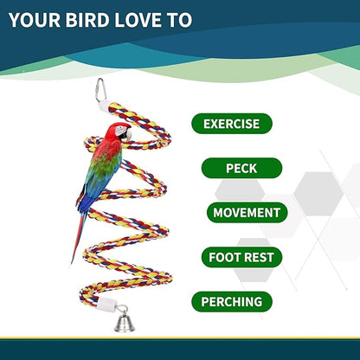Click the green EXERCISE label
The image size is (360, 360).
231,124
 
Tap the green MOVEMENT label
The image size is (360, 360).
246,212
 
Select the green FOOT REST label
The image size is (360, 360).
241,257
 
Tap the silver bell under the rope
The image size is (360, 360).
122,323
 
